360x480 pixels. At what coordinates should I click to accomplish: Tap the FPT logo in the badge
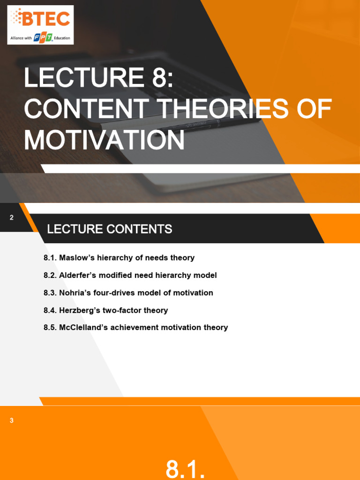coord(43,37)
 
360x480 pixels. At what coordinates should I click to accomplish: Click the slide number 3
coord(12,420)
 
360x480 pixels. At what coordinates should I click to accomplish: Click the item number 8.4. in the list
coord(50,310)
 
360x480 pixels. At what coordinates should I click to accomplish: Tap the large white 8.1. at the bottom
coord(186,469)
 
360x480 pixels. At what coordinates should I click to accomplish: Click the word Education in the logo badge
coord(62,37)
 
